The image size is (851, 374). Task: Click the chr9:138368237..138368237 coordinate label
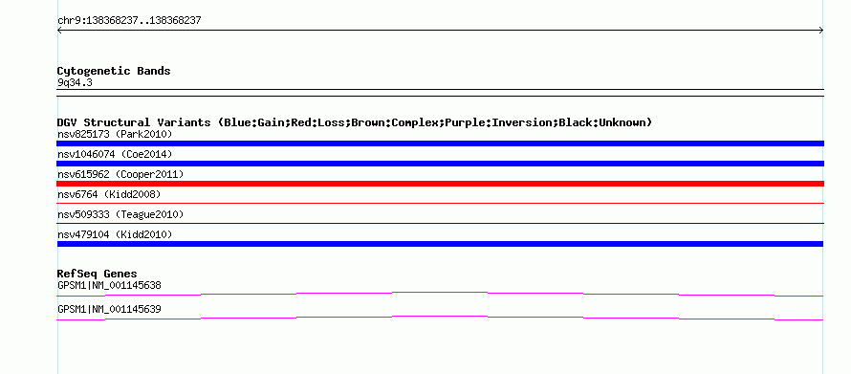130,21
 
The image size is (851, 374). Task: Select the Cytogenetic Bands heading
114,71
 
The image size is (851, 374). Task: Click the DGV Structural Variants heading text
355,122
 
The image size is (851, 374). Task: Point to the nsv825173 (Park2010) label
115,134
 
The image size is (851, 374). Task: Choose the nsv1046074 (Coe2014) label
115,154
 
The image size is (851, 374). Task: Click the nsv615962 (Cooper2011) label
120,174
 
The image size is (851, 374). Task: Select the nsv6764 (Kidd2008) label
109,194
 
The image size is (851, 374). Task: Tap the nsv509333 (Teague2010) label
120,214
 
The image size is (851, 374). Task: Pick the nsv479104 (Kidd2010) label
115,234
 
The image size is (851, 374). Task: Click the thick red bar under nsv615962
440,184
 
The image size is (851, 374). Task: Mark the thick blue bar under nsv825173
440,143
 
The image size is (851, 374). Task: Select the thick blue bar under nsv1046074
440,164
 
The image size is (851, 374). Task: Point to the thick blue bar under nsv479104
440,244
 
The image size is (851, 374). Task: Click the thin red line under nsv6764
440,204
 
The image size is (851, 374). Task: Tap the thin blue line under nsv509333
440,224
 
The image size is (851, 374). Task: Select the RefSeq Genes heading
98,274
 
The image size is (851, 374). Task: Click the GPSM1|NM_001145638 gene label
109,285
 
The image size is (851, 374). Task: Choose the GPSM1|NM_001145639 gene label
109,309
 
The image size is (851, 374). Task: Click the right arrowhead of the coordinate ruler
822,31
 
